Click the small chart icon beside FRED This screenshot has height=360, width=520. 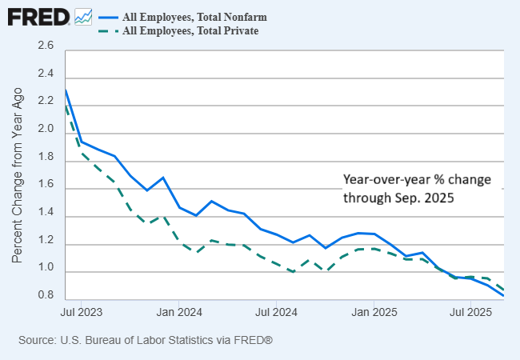(x=83, y=16)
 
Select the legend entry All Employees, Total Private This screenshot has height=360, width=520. (x=190, y=31)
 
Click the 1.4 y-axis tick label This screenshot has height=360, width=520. (x=46, y=216)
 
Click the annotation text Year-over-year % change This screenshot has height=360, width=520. (x=417, y=179)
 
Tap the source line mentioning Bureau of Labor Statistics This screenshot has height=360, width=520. (x=146, y=341)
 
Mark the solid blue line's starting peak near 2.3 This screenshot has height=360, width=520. (x=66, y=90)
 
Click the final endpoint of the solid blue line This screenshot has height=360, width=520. (x=503, y=296)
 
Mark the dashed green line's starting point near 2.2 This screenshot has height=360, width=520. (x=66, y=105)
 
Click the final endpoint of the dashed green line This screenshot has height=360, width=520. (x=503, y=290)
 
